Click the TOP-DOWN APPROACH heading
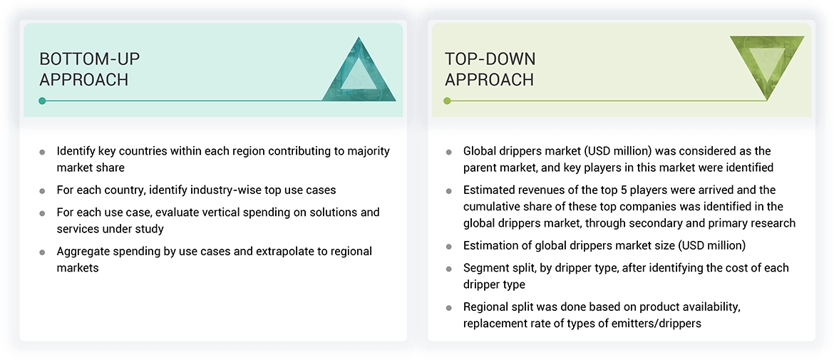tap(490, 69)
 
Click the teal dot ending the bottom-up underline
tap(42, 101)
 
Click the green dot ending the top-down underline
tap(447, 101)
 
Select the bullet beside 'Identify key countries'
tap(43, 152)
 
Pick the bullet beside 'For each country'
tap(43, 191)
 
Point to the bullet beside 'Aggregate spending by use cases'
tap(43, 252)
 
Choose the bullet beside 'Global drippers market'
tap(448, 152)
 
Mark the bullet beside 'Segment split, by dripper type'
tap(448, 269)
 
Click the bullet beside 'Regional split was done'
tap(448, 308)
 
